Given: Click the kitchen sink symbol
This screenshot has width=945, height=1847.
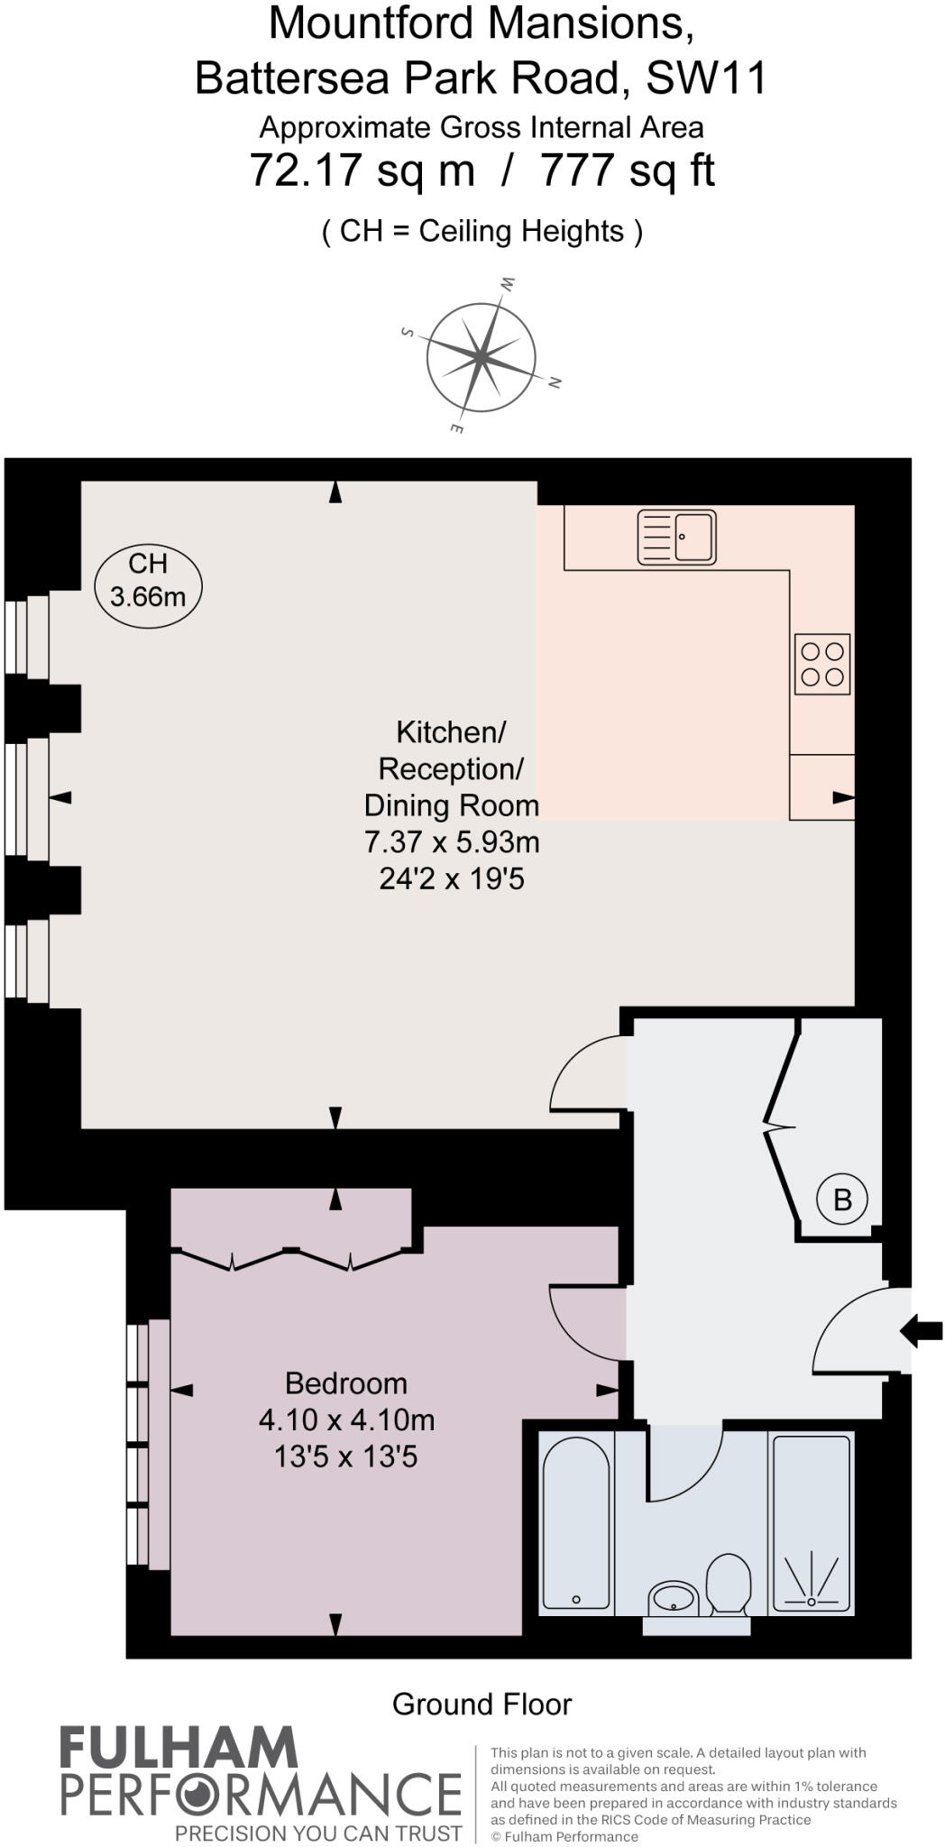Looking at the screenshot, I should pos(676,538).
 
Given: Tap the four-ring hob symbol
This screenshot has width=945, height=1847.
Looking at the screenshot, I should pos(822,664).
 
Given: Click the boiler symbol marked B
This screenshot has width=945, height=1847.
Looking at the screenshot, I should pos(841,1199).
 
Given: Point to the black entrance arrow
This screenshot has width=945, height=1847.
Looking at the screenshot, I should pos(922,1330).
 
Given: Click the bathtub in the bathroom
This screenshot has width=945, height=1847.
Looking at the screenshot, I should pos(576,1523).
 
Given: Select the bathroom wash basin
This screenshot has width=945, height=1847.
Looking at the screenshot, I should pos(673,1599).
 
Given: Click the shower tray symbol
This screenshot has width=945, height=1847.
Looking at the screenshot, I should pos(812,1523).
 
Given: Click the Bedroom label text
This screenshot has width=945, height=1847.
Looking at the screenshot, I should pos(346,1383).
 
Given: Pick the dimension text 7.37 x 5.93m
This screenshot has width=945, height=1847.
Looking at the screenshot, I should pos(452,841).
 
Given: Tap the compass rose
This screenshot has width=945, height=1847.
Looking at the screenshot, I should pos(482,357).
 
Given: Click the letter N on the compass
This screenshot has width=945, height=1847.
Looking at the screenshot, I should pos(555,383).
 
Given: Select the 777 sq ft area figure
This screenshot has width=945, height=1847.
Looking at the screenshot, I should pos(628,170).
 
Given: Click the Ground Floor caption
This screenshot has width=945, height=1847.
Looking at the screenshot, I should pos(482,1704).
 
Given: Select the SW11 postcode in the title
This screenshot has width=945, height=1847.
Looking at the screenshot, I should pos(706,78).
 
